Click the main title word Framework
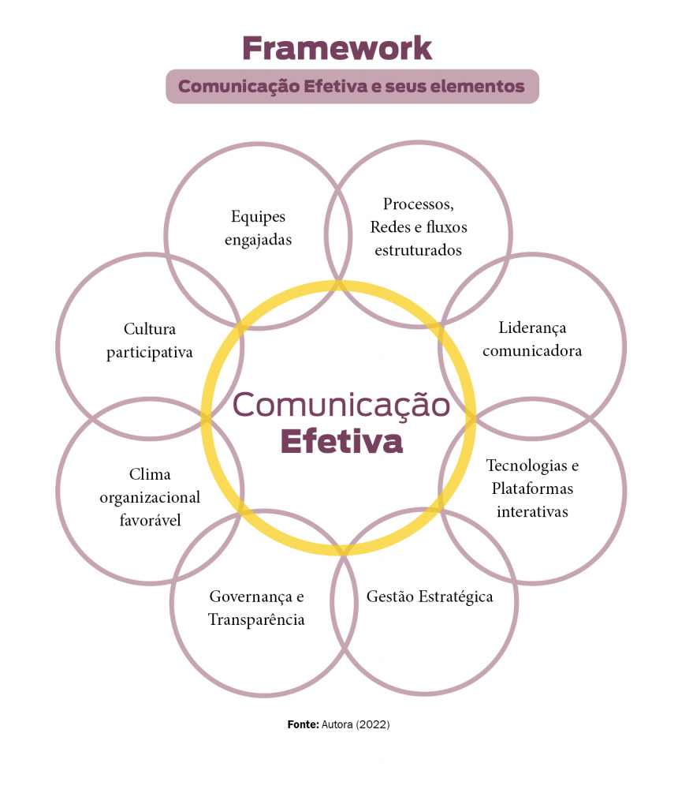click(337, 48)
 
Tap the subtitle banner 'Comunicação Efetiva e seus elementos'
click(352, 86)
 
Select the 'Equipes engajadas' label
click(258, 228)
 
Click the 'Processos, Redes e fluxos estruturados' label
click(419, 226)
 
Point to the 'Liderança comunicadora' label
click(532, 339)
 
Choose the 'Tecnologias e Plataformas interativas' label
click(532, 488)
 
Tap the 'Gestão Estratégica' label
click(430, 597)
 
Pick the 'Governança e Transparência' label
click(256, 608)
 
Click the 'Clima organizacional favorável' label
click(150, 497)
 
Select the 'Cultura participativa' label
click(150, 340)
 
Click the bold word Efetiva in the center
click(341, 442)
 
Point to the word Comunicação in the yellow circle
click(341, 405)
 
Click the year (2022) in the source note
click(374, 724)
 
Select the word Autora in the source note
click(337, 724)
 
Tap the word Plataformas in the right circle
click(532, 488)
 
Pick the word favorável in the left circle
click(150, 520)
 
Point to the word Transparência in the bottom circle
click(256, 619)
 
